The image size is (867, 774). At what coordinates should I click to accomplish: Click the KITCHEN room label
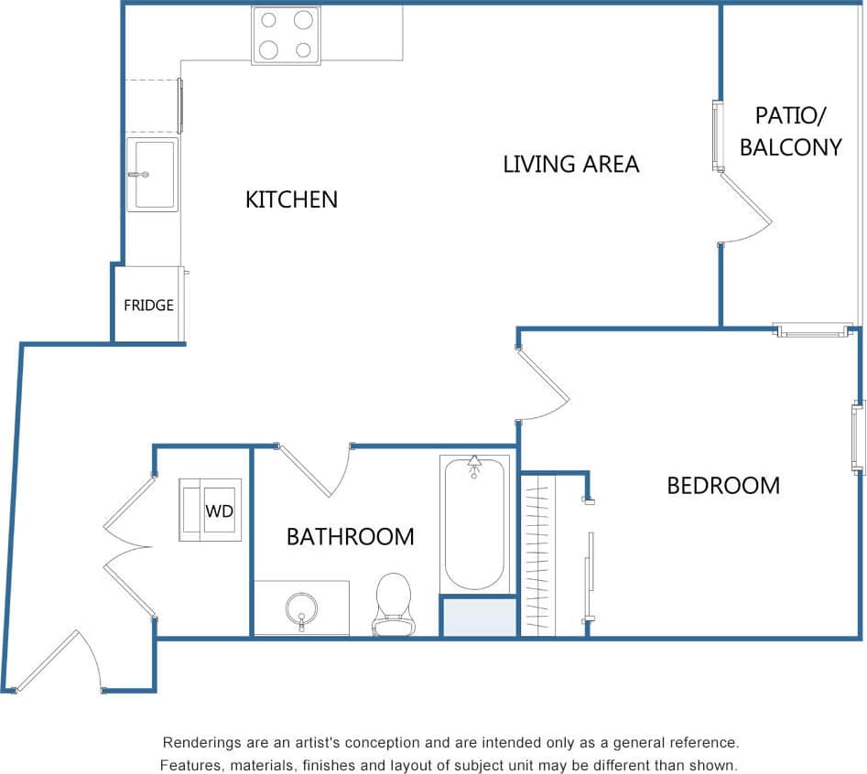pyautogui.click(x=291, y=199)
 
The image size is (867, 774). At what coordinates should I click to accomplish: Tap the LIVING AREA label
pyautogui.click(x=570, y=164)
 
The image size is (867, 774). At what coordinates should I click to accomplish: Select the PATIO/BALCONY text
pyautogui.click(x=790, y=131)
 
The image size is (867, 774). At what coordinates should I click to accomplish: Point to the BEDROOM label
pyautogui.click(x=722, y=485)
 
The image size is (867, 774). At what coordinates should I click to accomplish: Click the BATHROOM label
pyautogui.click(x=350, y=536)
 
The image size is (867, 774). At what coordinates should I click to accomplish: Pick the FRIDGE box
pyautogui.click(x=148, y=305)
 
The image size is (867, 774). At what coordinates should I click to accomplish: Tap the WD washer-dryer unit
pyautogui.click(x=211, y=510)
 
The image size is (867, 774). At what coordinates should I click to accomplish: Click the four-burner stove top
pyautogui.click(x=286, y=35)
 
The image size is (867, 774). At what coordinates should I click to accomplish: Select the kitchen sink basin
pyautogui.click(x=153, y=174)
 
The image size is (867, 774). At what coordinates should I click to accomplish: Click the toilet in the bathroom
pyautogui.click(x=393, y=604)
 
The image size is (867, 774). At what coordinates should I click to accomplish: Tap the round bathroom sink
pyautogui.click(x=300, y=607)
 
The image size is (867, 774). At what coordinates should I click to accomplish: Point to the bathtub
pyautogui.click(x=473, y=524)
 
